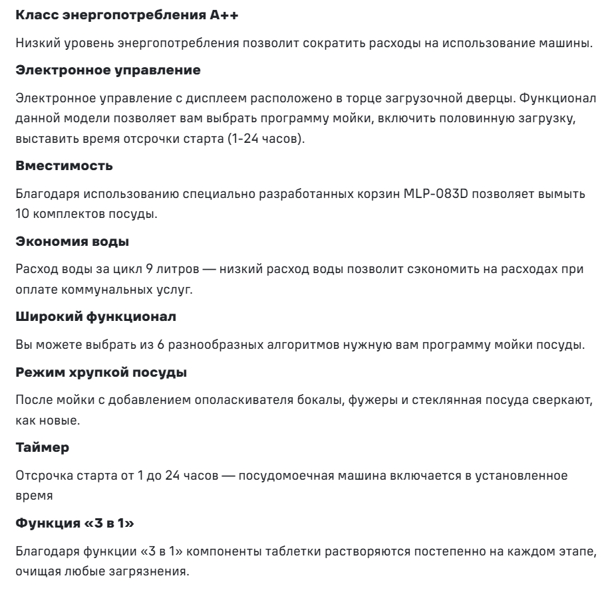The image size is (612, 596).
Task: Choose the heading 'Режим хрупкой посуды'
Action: tap(91, 373)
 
